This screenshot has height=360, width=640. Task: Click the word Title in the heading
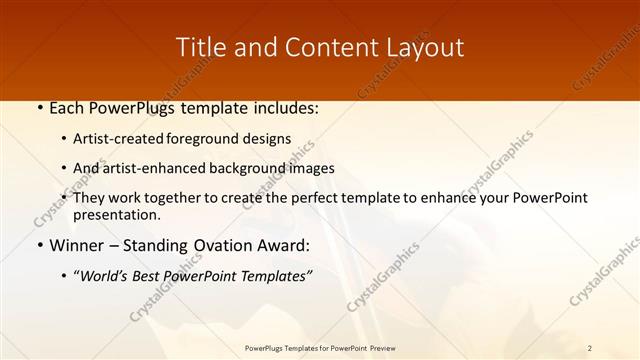click(x=199, y=47)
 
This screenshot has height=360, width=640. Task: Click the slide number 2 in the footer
click(x=590, y=348)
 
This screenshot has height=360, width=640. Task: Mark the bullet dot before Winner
click(x=40, y=245)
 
